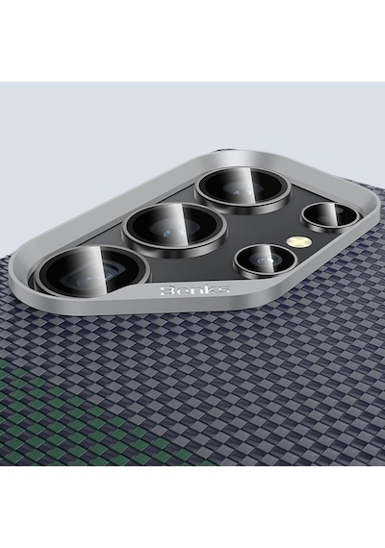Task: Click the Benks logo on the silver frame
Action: point(194,289)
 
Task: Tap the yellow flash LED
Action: point(298,240)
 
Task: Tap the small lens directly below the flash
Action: point(266,260)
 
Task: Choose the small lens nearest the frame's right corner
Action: point(330,217)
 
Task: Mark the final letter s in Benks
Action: point(223,289)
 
